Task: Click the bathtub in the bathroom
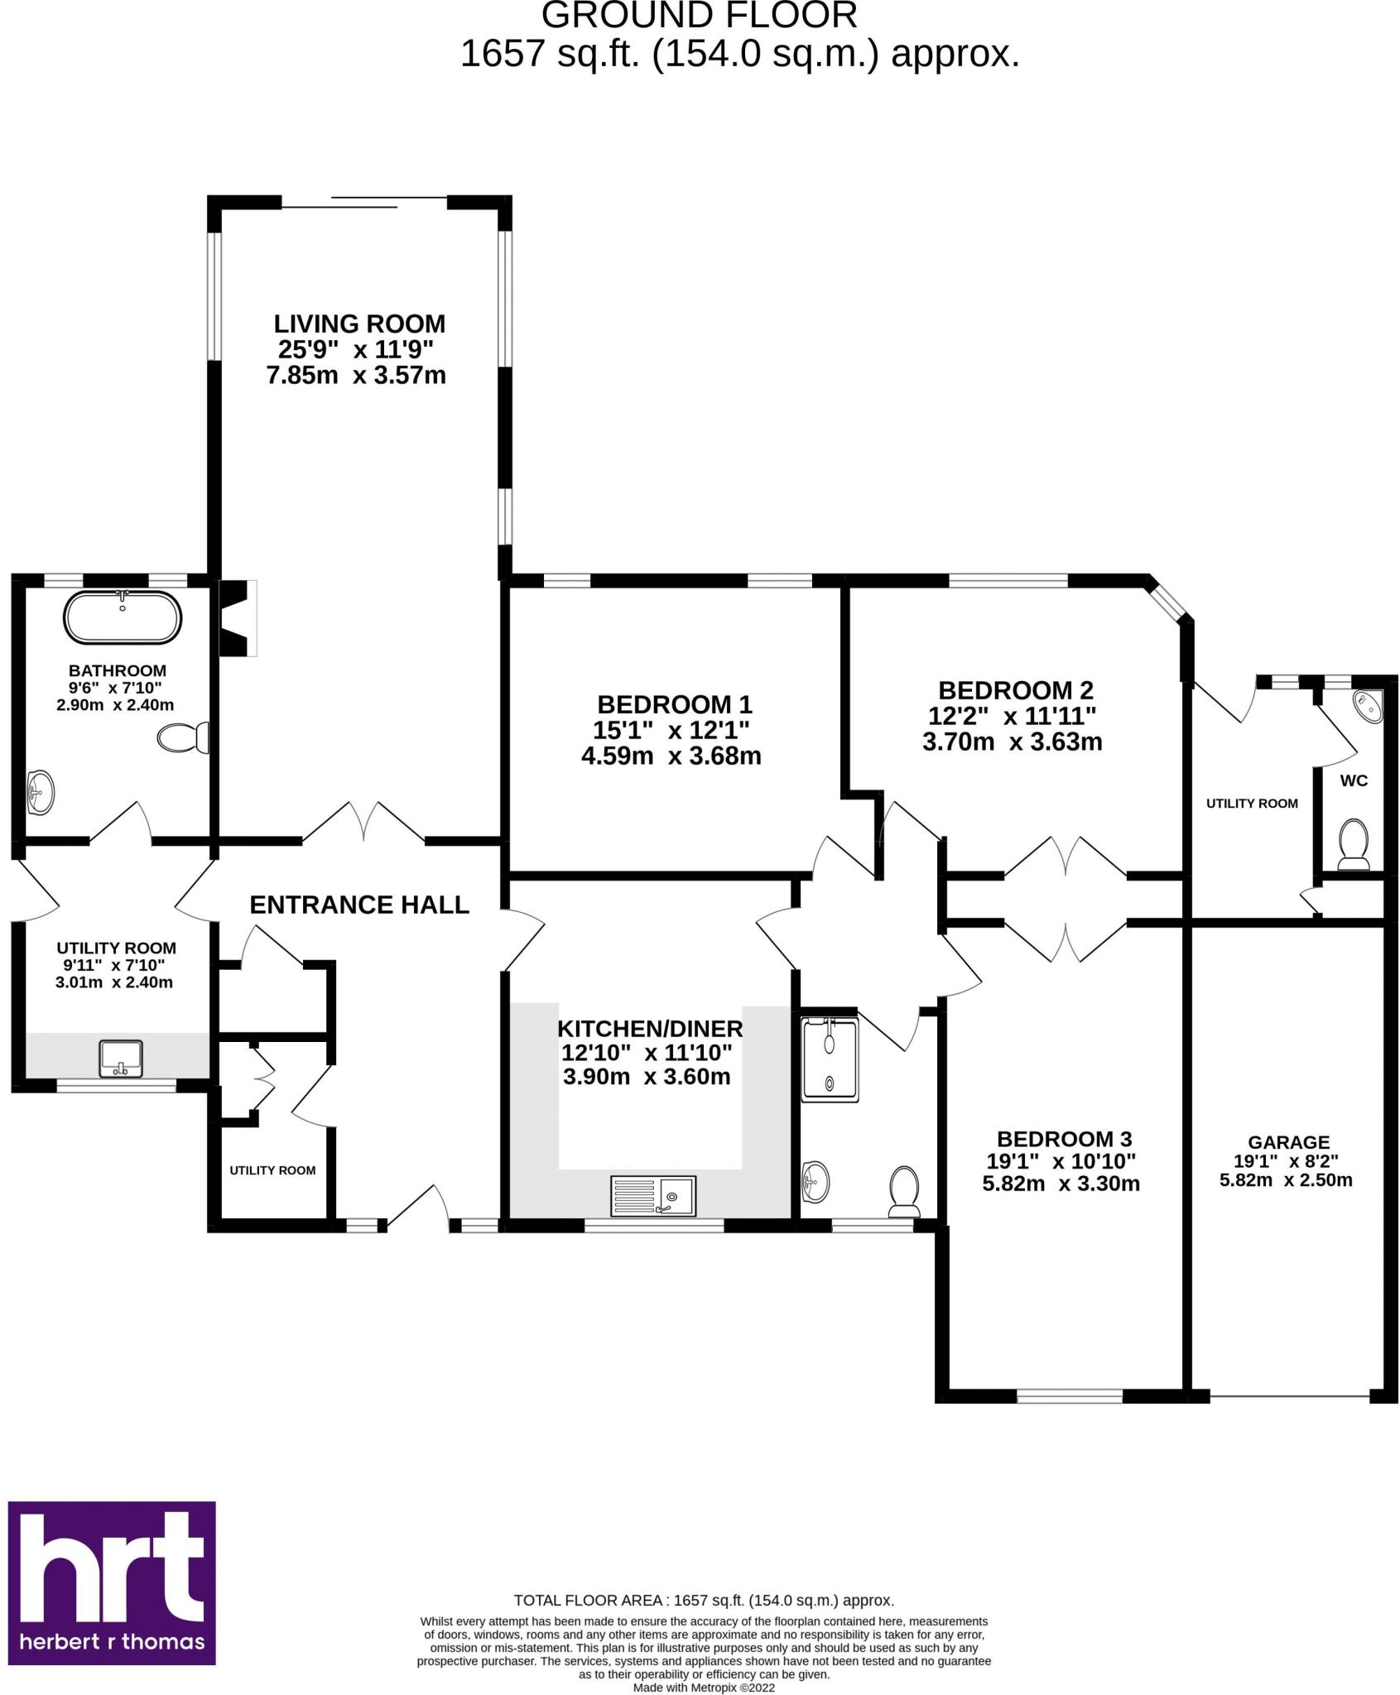[123, 617]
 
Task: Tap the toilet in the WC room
[1354, 845]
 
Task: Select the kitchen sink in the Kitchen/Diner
[653, 1196]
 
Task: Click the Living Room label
[359, 324]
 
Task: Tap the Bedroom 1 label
[675, 705]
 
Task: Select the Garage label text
[1288, 1142]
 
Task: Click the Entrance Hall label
[359, 905]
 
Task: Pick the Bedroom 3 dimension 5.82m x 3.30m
[1061, 1184]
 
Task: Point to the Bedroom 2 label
[1016, 689]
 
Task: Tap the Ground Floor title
[700, 15]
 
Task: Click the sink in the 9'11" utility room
[121, 1059]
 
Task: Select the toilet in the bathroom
[182, 737]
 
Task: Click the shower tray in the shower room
[830, 1059]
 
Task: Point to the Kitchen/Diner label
[650, 1029]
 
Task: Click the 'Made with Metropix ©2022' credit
[704, 1687]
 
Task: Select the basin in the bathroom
[41, 791]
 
